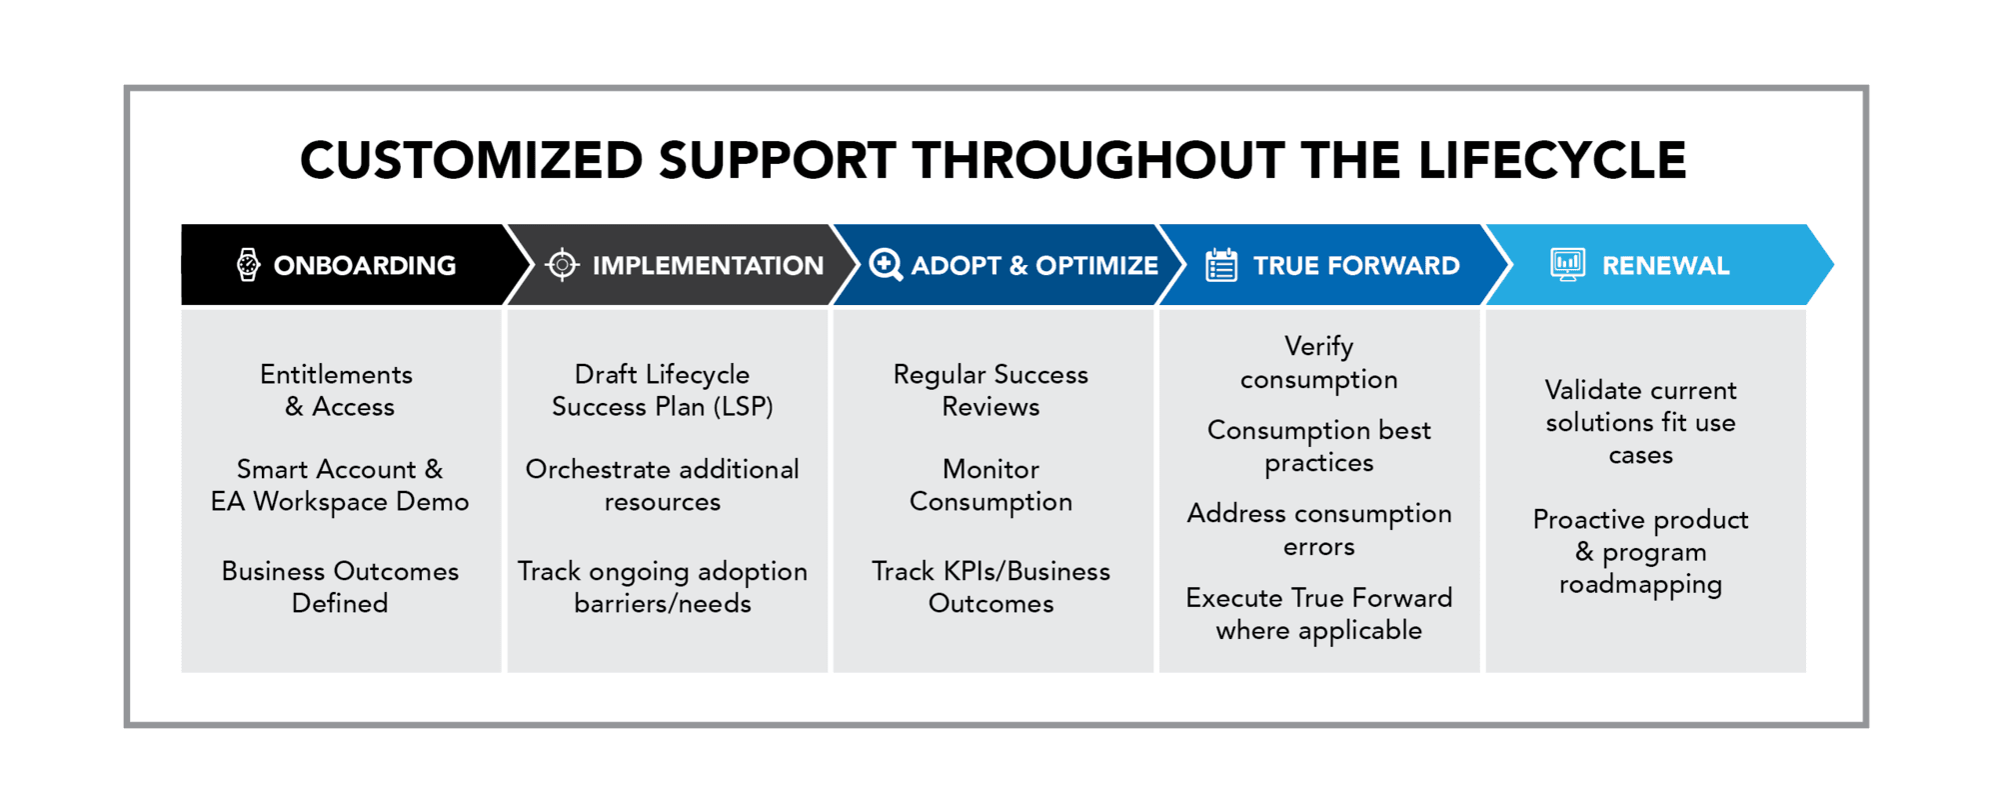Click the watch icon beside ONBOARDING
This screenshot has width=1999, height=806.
click(x=248, y=265)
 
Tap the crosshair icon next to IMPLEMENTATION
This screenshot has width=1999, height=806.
click(x=563, y=265)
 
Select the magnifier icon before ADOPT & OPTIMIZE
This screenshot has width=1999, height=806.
click(x=886, y=265)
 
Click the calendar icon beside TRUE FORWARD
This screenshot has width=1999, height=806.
click(x=1221, y=265)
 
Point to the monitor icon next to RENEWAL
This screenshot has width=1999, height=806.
click(x=1568, y=265)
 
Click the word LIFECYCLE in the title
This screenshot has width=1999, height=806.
click(x=1552, y=160)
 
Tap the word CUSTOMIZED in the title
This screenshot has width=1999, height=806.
click(x=472, y=160)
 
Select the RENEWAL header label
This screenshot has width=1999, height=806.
click(x=1665, y=266)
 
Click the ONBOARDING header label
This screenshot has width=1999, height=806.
click(x=365, y=266)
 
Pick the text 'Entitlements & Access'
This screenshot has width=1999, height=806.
click(x=338, y=390)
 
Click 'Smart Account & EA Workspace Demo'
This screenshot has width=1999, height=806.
click(x=340, y=485)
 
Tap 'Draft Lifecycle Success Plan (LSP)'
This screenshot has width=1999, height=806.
click(x=663, y=390)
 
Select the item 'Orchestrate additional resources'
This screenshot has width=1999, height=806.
click(x=663, y=485)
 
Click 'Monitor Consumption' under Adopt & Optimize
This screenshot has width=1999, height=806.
click(x=992, y=485)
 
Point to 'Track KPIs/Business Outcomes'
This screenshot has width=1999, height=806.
click(x=992, y=587)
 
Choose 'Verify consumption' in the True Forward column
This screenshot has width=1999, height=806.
click(x=1319, y=363)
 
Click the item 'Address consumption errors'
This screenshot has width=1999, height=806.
click(x=1319, y=530)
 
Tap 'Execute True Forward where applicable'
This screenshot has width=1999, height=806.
click(x=1319, y=614)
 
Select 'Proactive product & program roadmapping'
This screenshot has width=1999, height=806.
click(x=1641, y=552)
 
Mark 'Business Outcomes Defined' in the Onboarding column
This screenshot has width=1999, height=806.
click(x=340, y=587)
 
